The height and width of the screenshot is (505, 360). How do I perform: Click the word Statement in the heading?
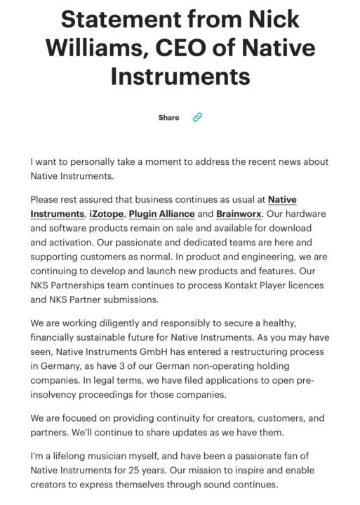119,19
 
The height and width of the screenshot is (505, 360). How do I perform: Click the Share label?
168,118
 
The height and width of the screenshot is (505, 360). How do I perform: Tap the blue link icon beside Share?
197,118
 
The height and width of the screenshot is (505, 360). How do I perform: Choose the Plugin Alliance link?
161,214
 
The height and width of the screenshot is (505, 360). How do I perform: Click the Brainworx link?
239,214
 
